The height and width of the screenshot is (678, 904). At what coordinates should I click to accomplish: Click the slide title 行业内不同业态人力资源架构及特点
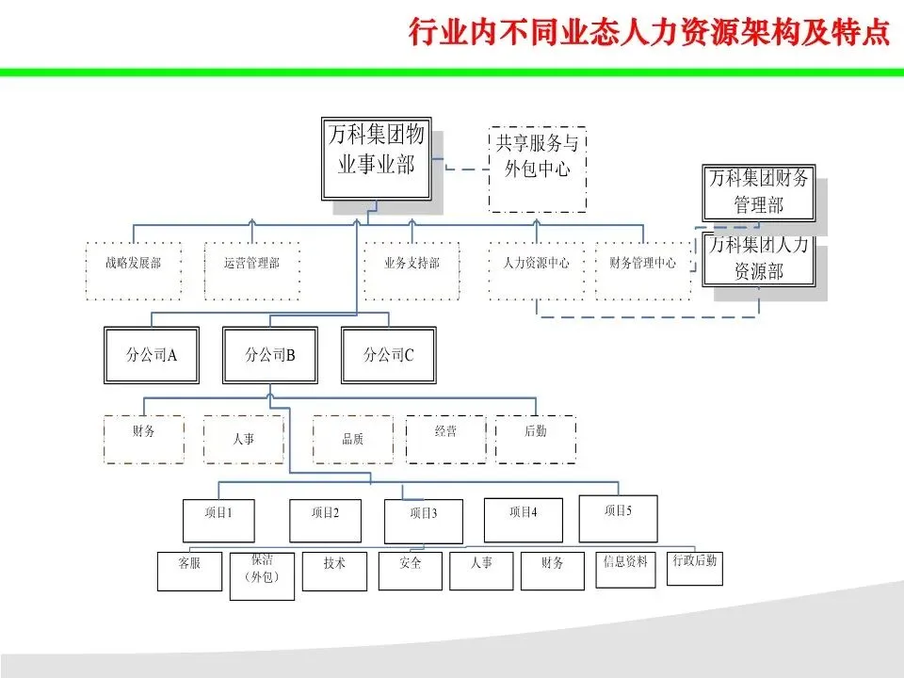click(x=649, y=34)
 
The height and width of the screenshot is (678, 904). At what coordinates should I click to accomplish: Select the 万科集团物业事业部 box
click(x=376, y=157)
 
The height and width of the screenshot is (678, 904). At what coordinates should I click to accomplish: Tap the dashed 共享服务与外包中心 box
click(x=537, y=169)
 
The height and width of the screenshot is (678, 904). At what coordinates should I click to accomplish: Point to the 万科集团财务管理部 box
click(x=758, y=192)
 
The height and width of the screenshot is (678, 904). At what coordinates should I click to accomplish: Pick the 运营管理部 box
click(x=251, y=271)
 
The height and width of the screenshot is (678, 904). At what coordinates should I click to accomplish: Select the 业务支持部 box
click(x=412, y=271)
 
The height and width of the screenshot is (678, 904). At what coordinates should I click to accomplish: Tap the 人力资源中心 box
click(x=535, y=271)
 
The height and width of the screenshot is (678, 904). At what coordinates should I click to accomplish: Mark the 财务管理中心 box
click(x=642, y=271)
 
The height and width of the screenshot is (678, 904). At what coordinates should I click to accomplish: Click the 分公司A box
click(x=152, y=355)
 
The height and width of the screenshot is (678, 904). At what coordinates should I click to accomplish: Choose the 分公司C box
click(x=389, y=355)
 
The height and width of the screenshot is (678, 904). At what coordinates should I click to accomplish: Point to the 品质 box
click(x=353, y=439)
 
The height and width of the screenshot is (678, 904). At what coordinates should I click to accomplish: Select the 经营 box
click(x=445, y=438)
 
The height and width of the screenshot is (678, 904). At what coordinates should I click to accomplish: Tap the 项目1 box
click(x=218, y=520)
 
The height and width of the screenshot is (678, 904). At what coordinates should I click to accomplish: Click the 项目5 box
click(x=618, y=518)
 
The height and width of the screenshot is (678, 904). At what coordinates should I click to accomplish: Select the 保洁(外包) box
click(x=262, y=575)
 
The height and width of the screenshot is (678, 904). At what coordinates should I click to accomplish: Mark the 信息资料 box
click(x=625, y=569)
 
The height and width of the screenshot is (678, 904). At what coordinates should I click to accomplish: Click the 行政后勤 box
click(x=695, y=567)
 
